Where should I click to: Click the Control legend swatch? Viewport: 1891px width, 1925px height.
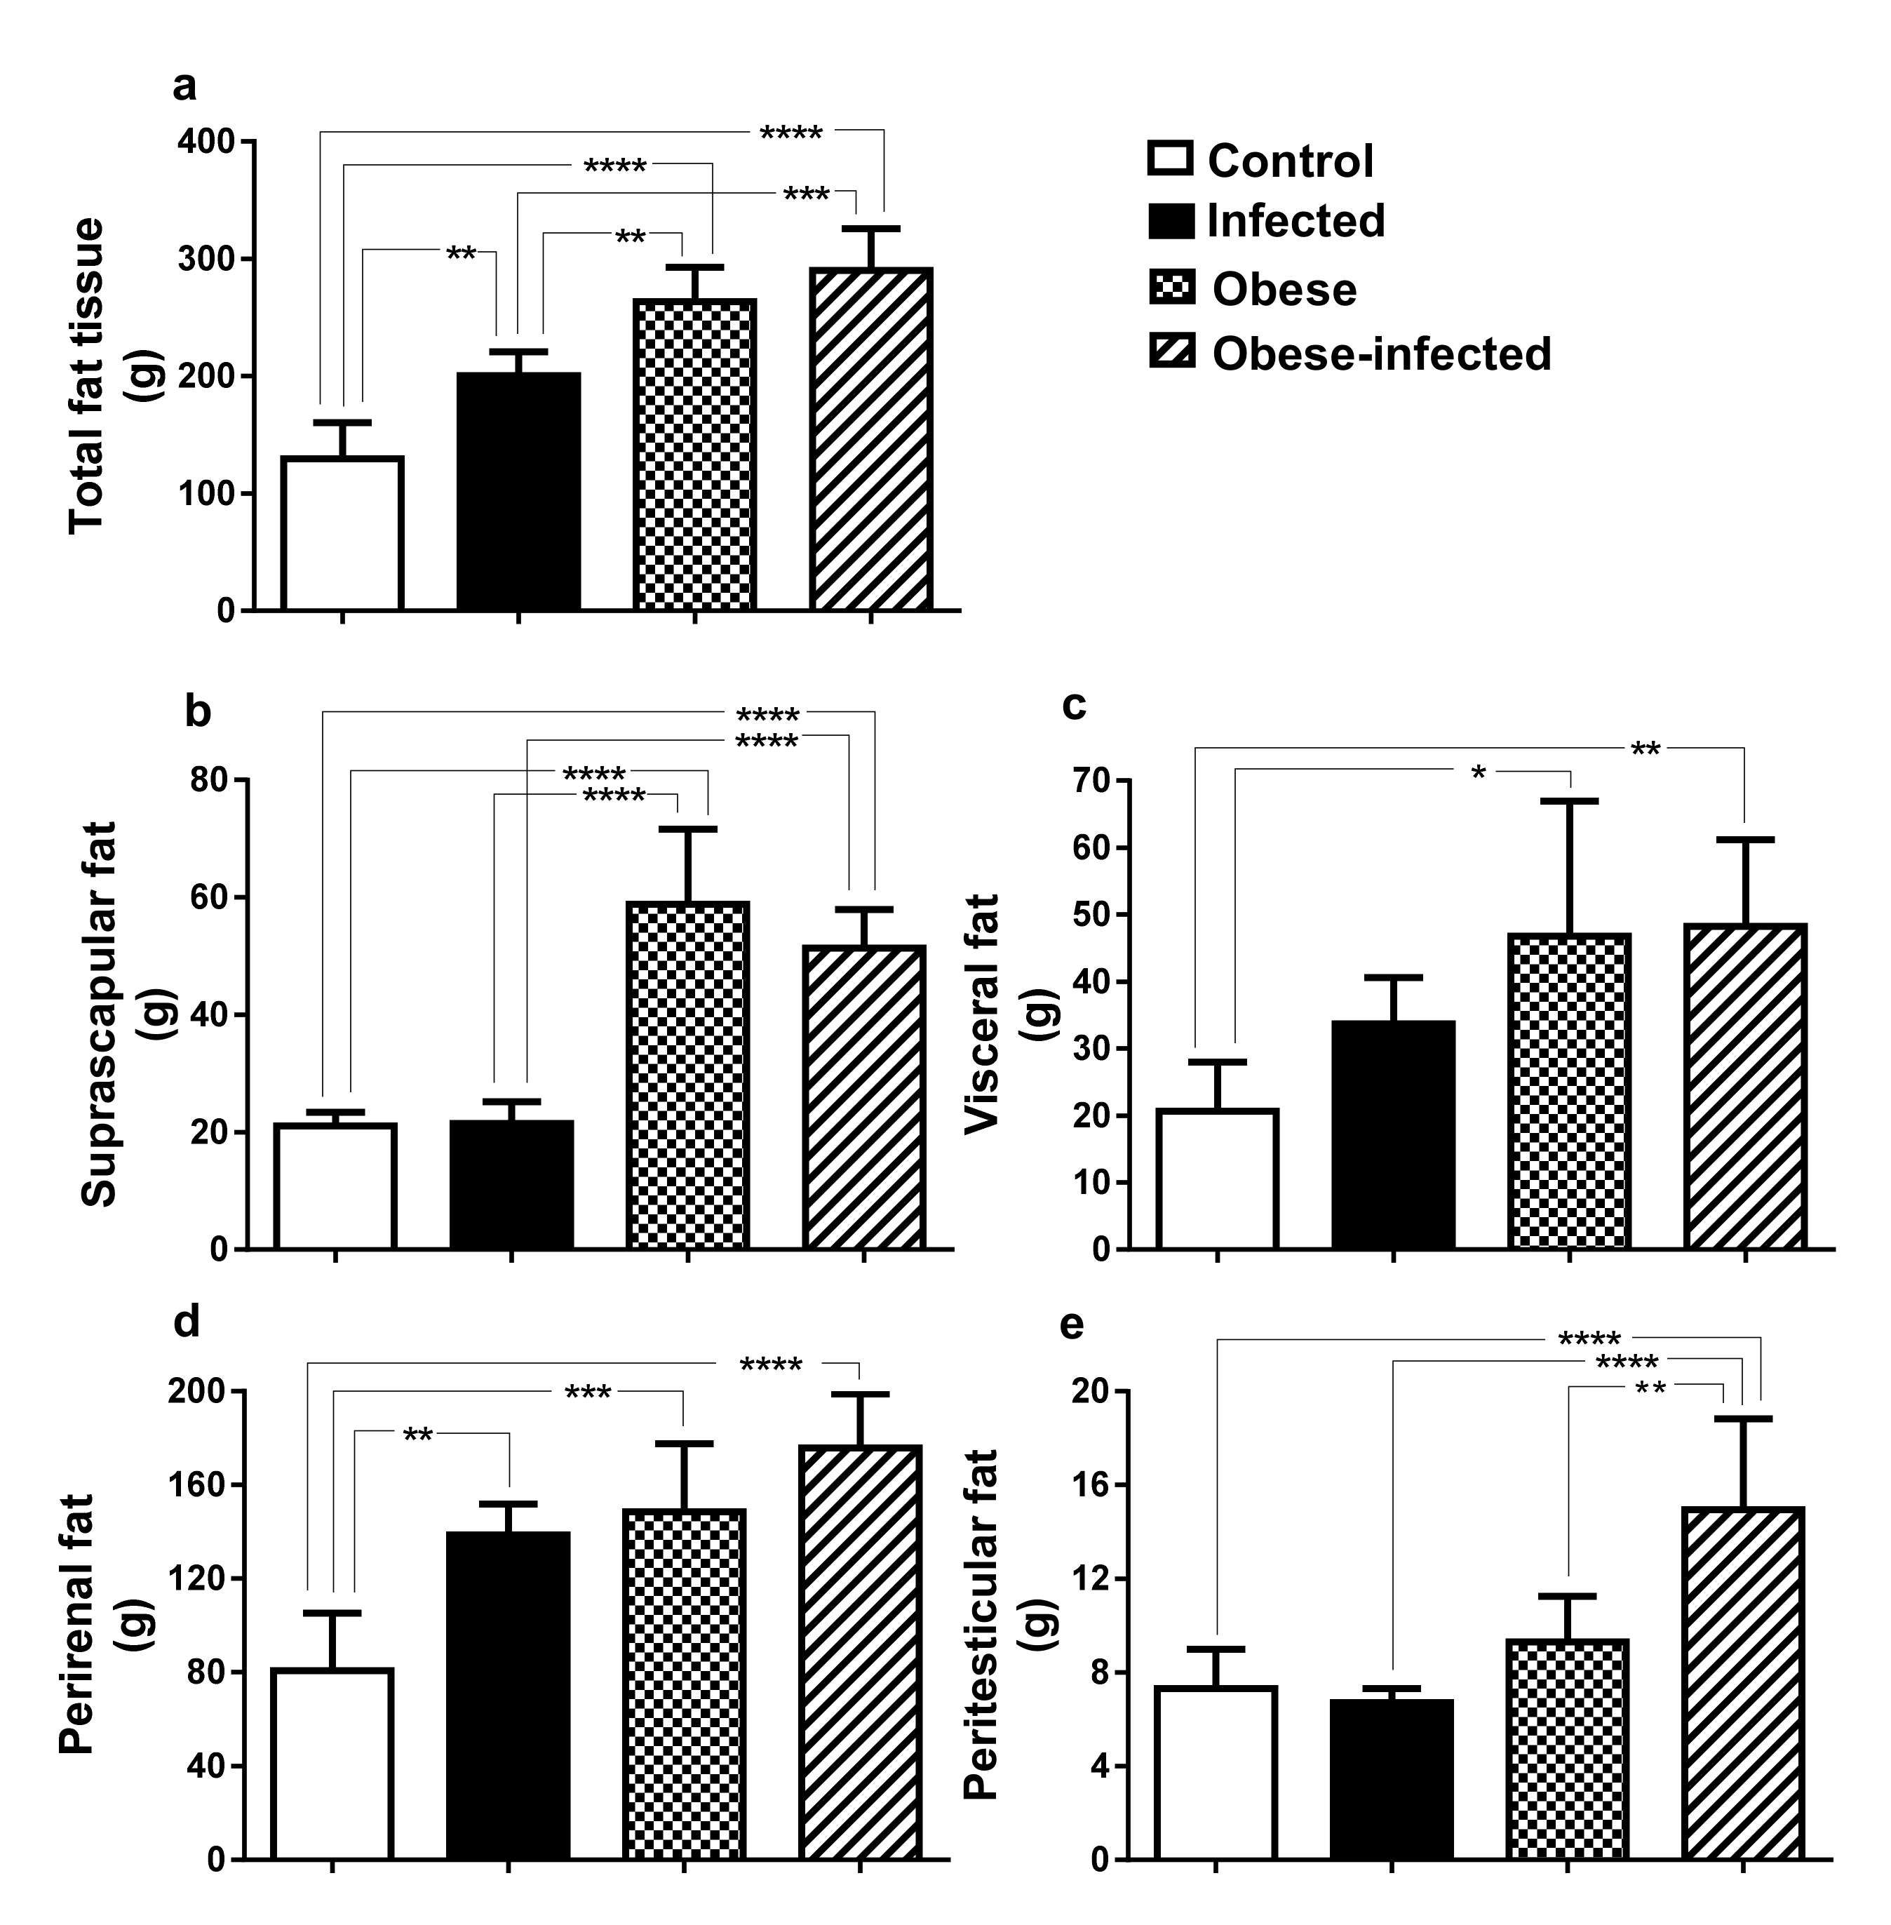[1170, 159]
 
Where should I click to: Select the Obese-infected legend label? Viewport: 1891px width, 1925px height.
[1380, 354]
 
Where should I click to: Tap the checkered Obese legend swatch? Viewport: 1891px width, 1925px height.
[1171, 288]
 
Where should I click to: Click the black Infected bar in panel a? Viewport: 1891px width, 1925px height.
[518, 492]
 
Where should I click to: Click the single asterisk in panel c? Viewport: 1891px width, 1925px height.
[1479, 773]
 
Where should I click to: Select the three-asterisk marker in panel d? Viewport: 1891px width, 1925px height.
[588, 1393]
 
